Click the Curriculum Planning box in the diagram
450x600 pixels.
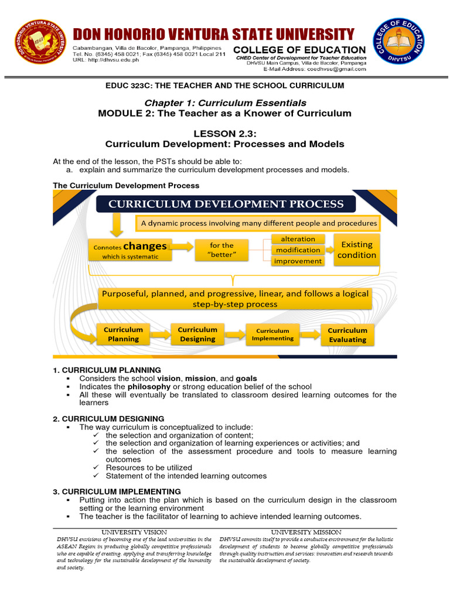[x=123, y=334]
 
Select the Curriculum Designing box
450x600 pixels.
[x=197, y=334]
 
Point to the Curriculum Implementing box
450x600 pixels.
[x=272, y=335]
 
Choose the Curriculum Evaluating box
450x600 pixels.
[x=347, y=335]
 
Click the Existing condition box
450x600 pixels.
[x=356, y=250]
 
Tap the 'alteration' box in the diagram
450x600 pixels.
[x=298, y=239]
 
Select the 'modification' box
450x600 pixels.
[x=298, y=250]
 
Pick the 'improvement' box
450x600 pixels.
[x=298, y=261]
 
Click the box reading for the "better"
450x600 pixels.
[x=221, y=250]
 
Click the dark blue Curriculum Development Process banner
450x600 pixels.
[x=226, y=204]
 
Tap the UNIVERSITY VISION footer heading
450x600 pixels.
[x=135, y=531]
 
